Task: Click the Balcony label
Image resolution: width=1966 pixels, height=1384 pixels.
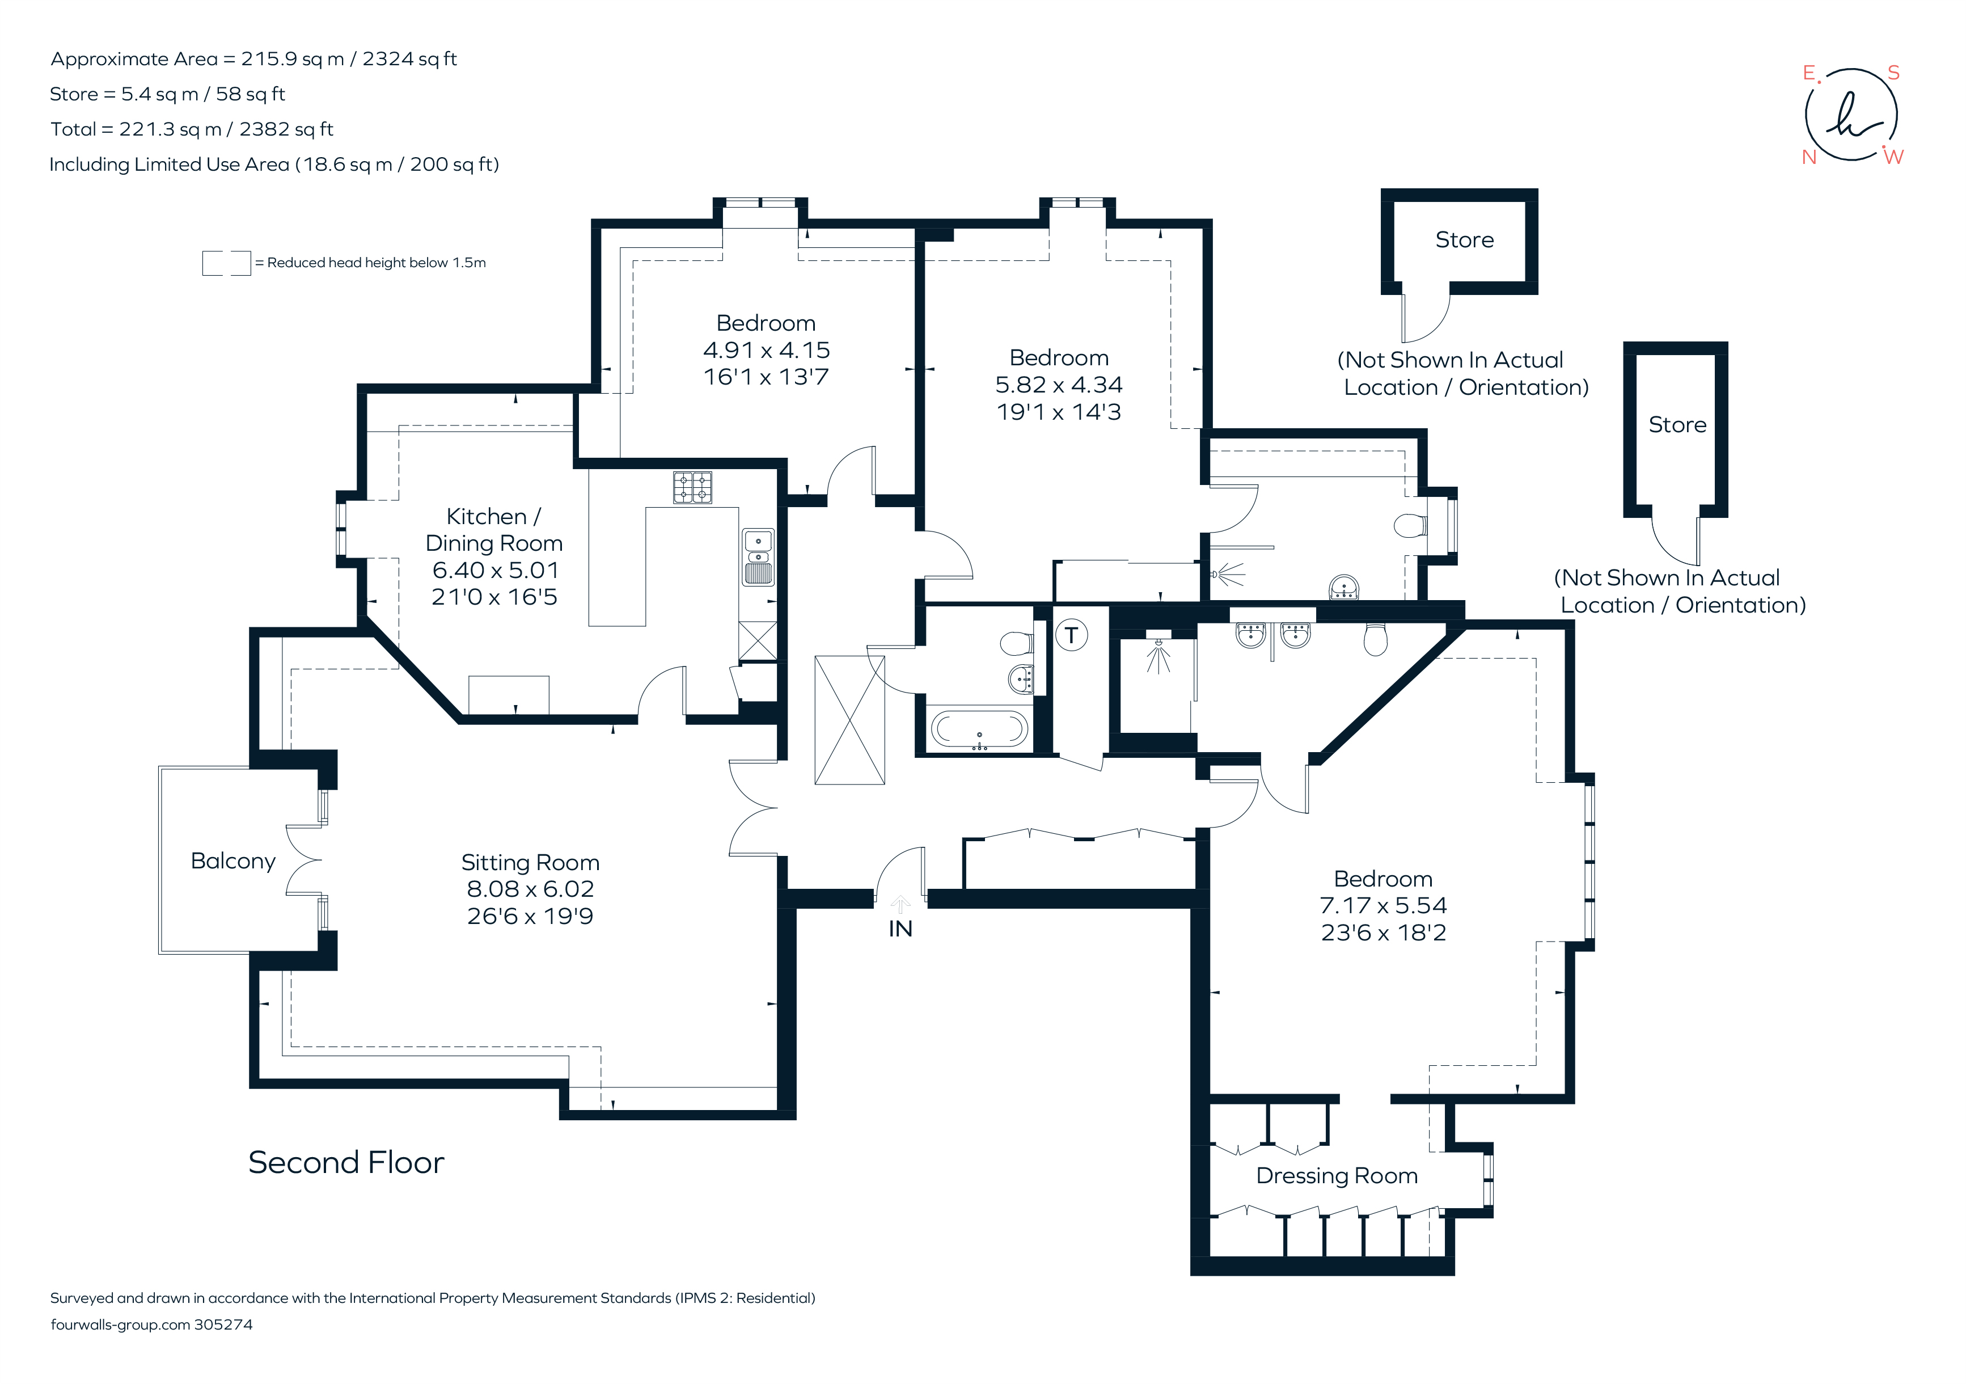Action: coord(233,860)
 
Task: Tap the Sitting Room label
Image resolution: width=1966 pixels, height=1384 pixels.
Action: coord(530,862)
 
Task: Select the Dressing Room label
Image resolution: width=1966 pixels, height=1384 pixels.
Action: coord(1337,1176)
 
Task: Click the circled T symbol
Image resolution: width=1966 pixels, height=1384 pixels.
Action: coord(1071,635)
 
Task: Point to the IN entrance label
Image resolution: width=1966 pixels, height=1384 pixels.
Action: coord(900,929)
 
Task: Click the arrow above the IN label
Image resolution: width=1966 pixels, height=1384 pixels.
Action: coord(900,904)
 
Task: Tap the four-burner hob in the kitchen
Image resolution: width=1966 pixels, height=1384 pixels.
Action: coord(692,487)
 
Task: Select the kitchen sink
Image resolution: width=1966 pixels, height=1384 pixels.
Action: coord(758,556)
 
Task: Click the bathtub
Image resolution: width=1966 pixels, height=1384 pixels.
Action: coord(979,729)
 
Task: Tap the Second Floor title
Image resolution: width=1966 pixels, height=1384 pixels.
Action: coord(346,1163)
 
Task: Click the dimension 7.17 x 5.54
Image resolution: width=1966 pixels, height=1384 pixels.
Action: coord(1383,905)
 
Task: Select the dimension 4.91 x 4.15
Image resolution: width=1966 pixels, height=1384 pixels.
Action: coord(766,351)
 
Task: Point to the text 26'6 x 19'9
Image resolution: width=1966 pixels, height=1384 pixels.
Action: coord(530,917)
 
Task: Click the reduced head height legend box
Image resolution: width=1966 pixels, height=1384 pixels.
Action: coord(226,263)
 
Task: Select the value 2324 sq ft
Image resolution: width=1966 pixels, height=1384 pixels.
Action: coord(409,59)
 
